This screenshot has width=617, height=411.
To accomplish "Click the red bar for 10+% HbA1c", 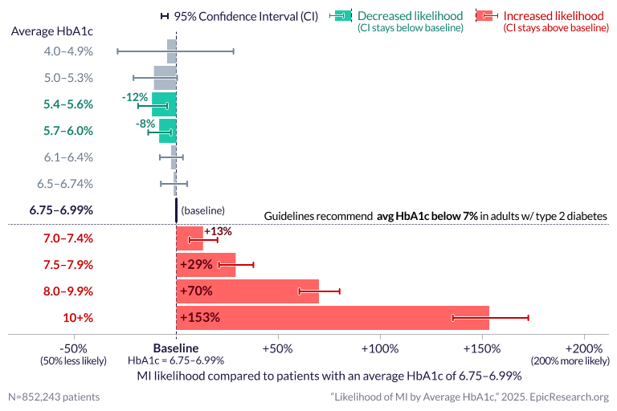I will point(333,317).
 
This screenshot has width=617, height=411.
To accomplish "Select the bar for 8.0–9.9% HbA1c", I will point(247,291).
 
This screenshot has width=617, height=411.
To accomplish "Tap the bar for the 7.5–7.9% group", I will point(206,264).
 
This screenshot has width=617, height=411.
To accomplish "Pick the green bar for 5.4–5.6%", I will point(164,104).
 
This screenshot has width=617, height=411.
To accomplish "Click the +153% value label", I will point(200,317).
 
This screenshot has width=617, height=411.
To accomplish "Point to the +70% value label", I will point(196,291).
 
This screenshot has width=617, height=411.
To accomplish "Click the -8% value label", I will point(145,124).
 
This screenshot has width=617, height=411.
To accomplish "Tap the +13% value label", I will point(218,231).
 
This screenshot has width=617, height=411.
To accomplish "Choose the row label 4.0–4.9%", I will point(69,51).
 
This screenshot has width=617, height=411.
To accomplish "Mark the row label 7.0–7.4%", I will point(68,238).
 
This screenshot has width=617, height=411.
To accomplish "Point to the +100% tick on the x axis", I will point(380,348).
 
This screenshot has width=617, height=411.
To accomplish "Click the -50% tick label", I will point(74,348).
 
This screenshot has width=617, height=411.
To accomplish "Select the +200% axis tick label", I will point(583,348).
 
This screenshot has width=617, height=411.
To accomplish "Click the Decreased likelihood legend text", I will point(410,16).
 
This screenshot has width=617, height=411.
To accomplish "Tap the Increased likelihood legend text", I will point(554,16).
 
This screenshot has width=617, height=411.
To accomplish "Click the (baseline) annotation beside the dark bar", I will point(202,210).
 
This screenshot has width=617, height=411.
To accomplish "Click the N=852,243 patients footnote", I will point(55,397).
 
